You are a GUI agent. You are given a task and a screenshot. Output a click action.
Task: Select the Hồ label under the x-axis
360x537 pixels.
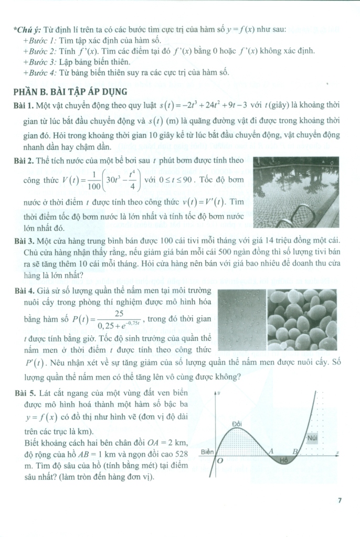pos(284,460)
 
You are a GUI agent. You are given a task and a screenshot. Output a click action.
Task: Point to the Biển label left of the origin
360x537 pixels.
pos(207,452)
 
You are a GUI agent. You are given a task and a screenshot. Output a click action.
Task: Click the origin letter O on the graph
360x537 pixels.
pos(220,461)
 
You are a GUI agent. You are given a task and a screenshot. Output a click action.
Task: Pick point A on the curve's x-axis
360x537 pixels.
pos(271,450)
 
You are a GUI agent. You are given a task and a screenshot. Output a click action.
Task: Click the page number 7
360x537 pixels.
pos(340,500)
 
